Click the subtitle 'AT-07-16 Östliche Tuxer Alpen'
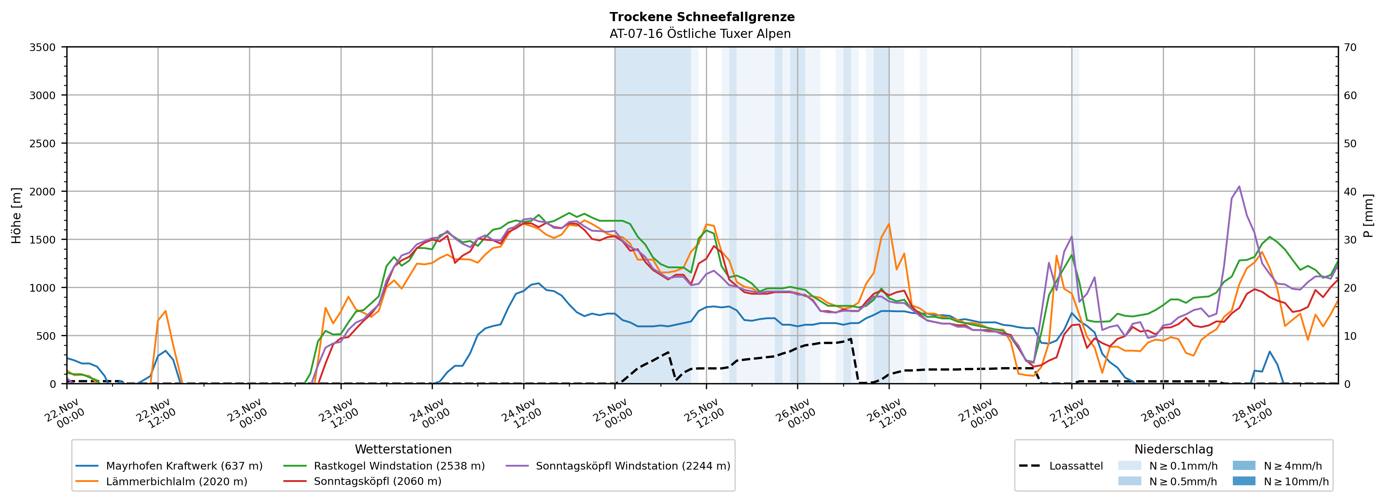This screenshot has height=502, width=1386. tap(699, 34)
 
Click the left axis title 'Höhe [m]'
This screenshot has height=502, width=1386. tap(17, 215)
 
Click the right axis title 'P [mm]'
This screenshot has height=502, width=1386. tap(1368, 215)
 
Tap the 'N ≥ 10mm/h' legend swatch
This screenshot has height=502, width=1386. tap(1243, 481)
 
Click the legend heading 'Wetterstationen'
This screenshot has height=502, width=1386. tap(403, 449)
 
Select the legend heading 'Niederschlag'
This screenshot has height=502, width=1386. tap(1173, 449)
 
